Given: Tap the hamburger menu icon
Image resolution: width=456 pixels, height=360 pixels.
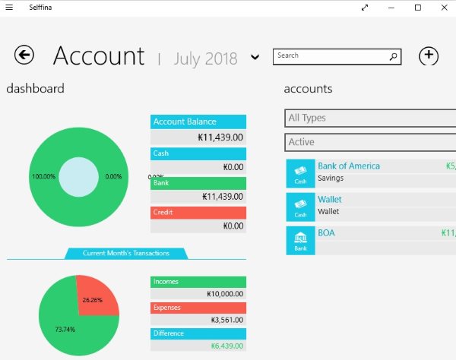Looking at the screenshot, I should click(9, 7).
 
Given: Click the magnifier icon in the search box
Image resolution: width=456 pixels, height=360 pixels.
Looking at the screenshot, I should click(394, 55).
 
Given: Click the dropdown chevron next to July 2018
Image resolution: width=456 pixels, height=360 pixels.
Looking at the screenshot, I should click(255, 58).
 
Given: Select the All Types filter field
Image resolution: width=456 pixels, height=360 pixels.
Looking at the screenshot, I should click(371, 118).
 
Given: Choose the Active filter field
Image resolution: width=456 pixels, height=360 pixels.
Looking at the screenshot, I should click(371, 142).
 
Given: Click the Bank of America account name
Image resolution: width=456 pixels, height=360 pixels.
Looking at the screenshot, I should click(349, 166).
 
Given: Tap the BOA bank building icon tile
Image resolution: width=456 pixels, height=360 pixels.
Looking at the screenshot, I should click(300, 240).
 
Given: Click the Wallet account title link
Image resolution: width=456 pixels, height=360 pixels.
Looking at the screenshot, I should click(329, 199).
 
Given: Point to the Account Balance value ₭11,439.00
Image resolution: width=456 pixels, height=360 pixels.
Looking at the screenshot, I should click(220, 137).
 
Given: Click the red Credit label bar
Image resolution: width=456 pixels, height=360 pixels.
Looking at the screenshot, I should click(198, 212).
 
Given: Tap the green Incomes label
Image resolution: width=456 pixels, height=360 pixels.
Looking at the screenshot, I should click(198, 282).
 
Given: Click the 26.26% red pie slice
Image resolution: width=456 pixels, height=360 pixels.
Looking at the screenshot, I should click(94, 296).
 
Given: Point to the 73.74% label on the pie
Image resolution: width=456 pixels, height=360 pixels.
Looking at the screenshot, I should click(65, 329).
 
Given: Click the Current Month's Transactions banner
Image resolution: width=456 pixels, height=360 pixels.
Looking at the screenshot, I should click(126, 253).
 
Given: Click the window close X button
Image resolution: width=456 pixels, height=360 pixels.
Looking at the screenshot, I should click(439, 7).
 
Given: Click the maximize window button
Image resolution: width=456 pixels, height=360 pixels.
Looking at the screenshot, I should click(417, 7).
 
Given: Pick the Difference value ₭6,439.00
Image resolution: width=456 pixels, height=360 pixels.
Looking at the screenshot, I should click(226, 346).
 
